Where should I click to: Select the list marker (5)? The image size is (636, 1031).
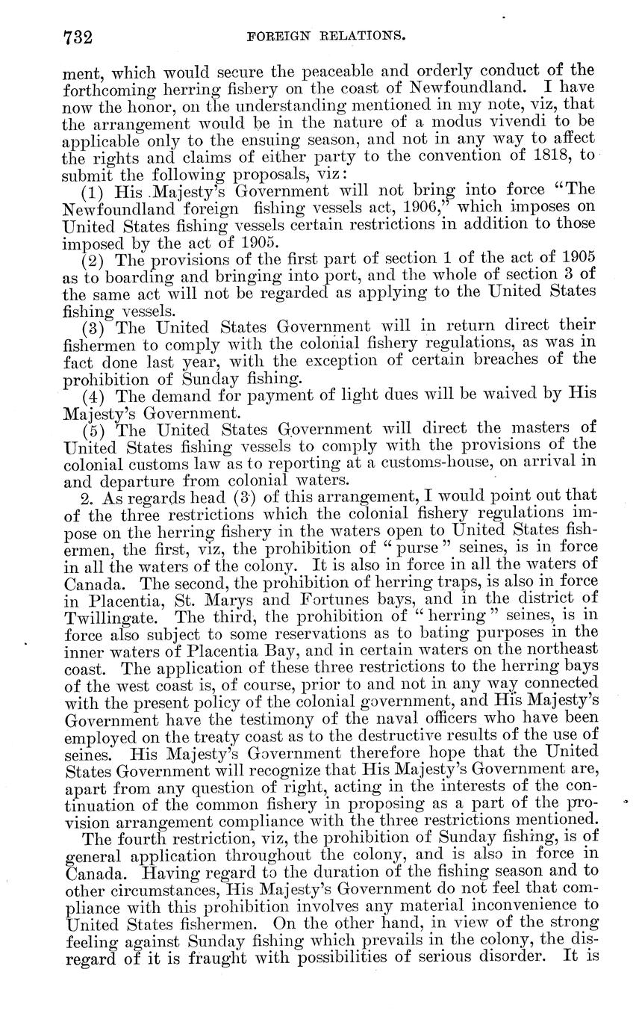point(95,429)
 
